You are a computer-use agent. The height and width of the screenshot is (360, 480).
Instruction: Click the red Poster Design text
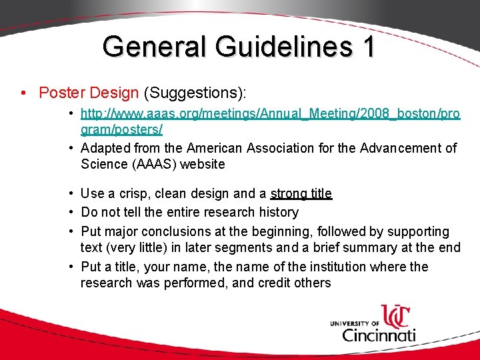click(89, 93)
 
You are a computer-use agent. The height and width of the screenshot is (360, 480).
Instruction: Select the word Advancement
click(406, 148)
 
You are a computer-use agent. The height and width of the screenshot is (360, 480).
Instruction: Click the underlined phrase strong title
click(301, 193)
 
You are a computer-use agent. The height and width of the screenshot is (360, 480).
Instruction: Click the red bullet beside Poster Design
click(24, 93)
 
